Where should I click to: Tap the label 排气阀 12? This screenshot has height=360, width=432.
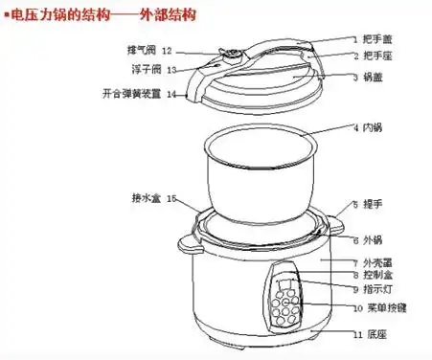click(x=153, y=50)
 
